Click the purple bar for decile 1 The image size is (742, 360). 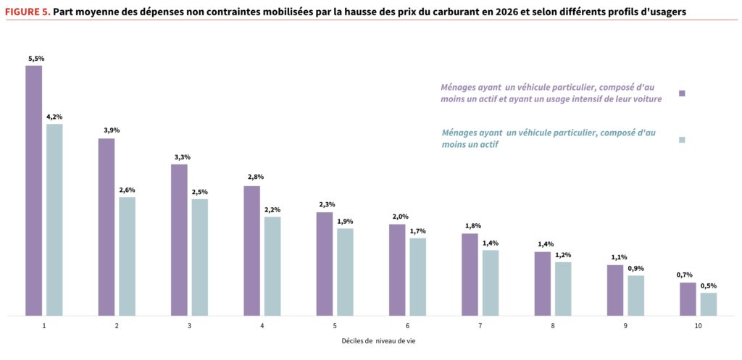pyautogui.click(x=34, y=191)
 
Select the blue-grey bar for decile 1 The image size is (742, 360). pyautogui.click(x=54, y=219)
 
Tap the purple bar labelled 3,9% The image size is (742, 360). pyautogui.click(x=107, y=227)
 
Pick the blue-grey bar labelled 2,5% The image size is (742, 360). pyautogui.click(x=200, y=257)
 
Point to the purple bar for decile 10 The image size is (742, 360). pyautogui.click(x=688, y=299)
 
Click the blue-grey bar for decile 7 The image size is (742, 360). pyautogui.click(x=491, y=282)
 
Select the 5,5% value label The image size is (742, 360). pyautogui.click(x=34, y=57)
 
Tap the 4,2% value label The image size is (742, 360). pyautogui.click(x=54, y=116)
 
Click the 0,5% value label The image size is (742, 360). pyautogui.click(x=708, y=285)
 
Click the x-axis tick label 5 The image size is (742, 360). pyautogui.click(x=335, y=326)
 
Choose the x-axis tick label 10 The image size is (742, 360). pyautogui.click(x=698, y=326)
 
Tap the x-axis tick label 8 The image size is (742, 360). pyautogui.click(x=553, y=326)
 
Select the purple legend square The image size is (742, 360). pyautogui.click(x=682, y=93)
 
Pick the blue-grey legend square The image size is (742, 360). pyautogui.click(x=682, y=139)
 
